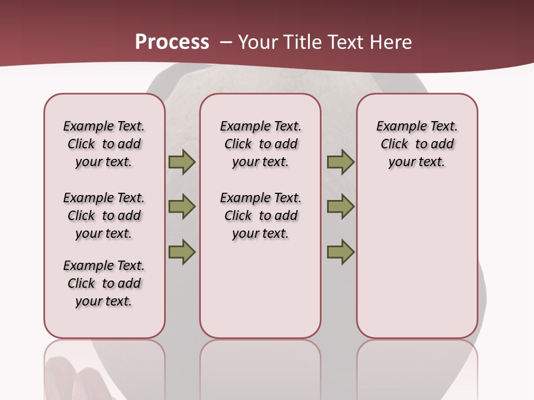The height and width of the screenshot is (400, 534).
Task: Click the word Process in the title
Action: click(x=172, y=42)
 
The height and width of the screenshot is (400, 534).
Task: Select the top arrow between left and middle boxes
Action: click(x=182, y=162)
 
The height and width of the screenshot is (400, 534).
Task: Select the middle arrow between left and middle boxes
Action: click(x=182, y=207)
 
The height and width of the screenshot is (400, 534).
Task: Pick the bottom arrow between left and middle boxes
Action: click(x=182, y=252)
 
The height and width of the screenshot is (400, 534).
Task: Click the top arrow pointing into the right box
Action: click(x=340, y=162)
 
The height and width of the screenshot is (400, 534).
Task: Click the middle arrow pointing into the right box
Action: click(x=340, y=207)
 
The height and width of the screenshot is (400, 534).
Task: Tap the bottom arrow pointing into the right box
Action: click(x=340, y=252)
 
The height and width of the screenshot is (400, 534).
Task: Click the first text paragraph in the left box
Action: click(x=104, y=144)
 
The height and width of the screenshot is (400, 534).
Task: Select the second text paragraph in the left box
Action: click(x=104, y=216)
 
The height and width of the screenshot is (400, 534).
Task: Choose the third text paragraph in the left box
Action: click(x=104, y=283)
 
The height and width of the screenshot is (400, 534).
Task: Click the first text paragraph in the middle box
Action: click(x=260, y=144)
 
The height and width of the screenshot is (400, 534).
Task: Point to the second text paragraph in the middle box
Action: click(x=260, y=216)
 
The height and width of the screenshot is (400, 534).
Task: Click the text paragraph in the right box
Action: click(x=417, y=144)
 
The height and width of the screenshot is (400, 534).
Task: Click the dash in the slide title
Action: click(x=226, y=43)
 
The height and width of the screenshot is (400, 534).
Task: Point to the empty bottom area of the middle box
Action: click(x=260, y=294)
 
